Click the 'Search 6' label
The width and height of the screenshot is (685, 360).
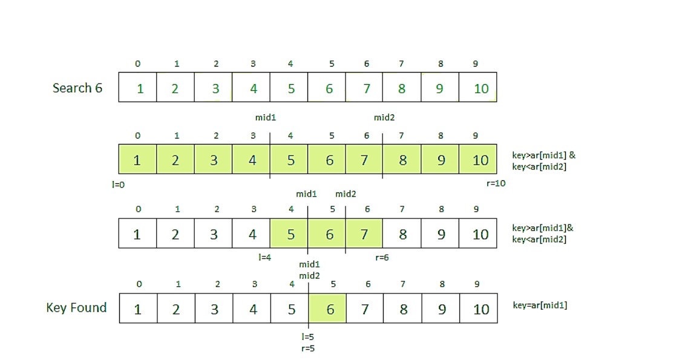(77, 88)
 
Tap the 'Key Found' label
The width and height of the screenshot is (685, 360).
(76, 307)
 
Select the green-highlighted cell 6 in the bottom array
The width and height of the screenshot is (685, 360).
(329, 309)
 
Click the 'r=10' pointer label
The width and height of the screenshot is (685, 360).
(495, 183)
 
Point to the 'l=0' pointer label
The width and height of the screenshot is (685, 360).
(118, 183)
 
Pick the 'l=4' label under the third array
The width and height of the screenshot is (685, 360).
(265, 257)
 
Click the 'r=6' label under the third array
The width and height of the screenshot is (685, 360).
(382, 257)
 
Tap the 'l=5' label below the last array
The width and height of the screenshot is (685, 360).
(307, 337)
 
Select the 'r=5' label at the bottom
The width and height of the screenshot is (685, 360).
(307, 348)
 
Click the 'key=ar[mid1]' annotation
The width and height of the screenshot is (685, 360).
(539, 305)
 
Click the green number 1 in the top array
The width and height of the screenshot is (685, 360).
(140, 88)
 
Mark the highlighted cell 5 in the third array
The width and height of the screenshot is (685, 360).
(290, 234)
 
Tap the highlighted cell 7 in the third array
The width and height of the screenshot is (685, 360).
(365, 234)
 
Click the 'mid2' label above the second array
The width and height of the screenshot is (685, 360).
(384, 117)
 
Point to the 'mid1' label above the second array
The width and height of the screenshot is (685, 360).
(265, 117)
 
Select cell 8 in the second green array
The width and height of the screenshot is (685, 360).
(402, 160)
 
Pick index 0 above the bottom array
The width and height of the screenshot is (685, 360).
(139, 284)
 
